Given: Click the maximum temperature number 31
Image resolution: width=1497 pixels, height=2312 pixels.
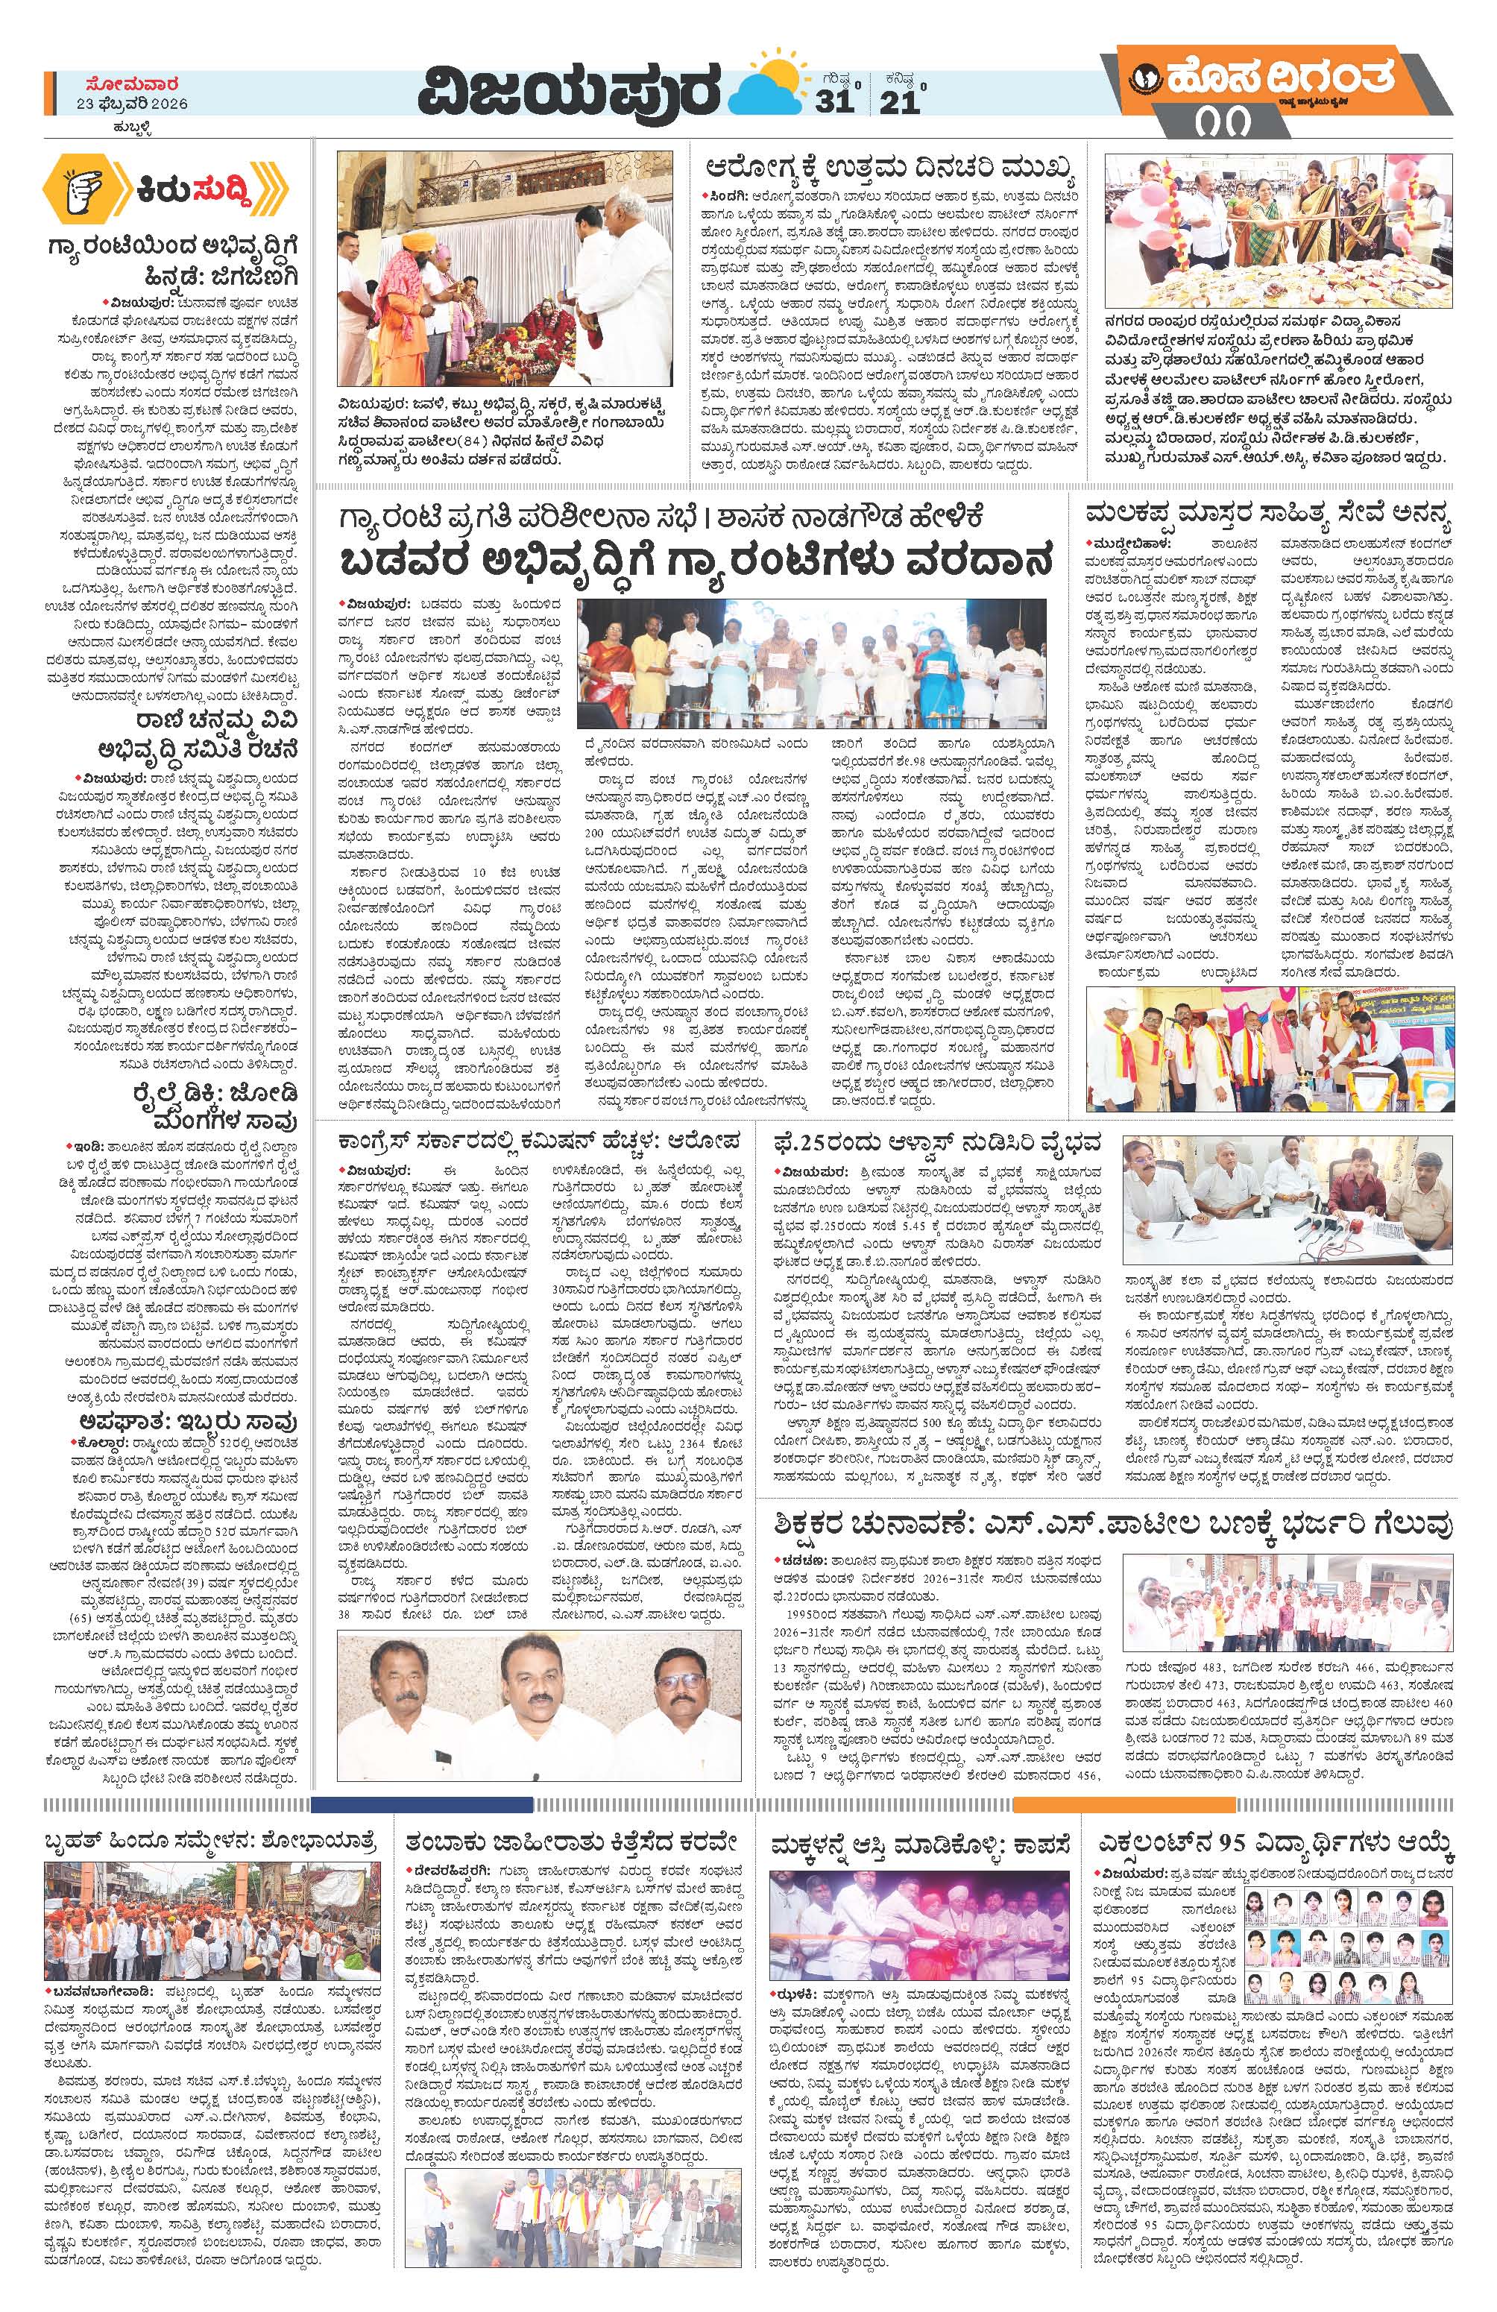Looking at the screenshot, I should (x=833, y=102).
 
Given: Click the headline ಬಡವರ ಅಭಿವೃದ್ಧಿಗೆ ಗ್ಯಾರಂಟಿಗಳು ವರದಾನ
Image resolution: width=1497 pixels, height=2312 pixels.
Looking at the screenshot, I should (x=696, y=561).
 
